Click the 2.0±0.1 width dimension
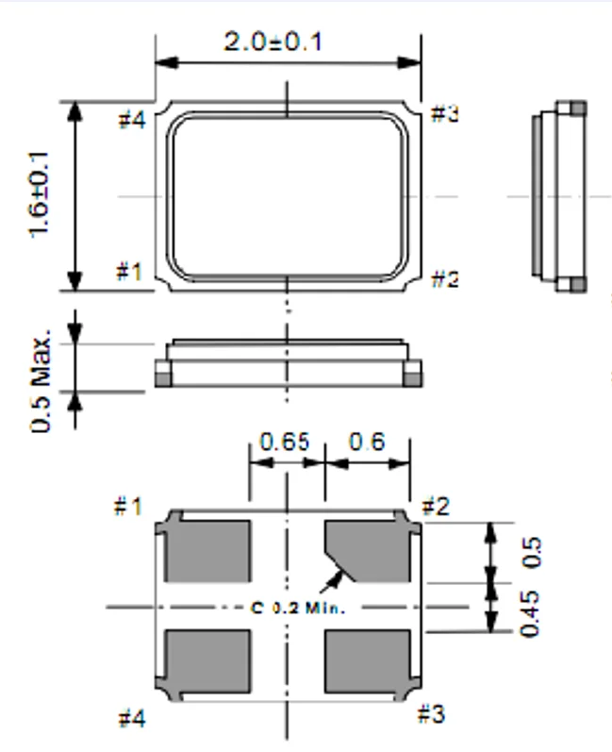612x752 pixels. coord(273,42)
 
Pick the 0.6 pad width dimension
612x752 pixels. coord(366,442)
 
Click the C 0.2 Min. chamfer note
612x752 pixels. coord(299,608)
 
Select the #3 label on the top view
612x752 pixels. coord(445,115)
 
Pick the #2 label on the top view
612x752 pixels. coord(445,278)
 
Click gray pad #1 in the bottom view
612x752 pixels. coord(207,550)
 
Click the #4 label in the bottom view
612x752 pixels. coord(132,719)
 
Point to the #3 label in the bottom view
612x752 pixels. coord(431,714)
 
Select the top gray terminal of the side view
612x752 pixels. coord(571,109)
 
